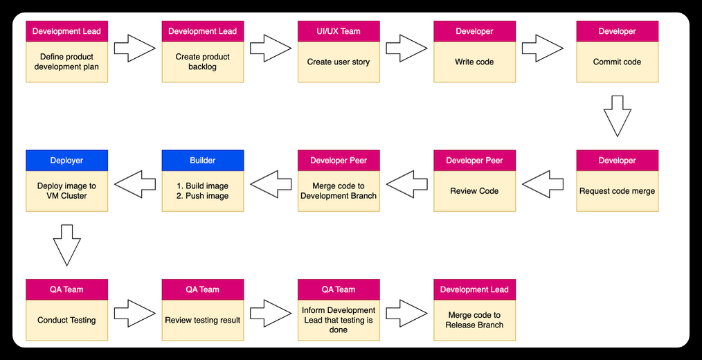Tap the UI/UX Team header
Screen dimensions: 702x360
click(x=339, y=31)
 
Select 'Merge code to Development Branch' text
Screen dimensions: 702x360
click(x=339, y=191)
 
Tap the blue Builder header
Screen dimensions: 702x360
click(x=203, y=161)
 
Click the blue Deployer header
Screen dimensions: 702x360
click(x=66, y=161)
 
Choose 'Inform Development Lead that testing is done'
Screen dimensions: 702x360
click(x=339, y=320)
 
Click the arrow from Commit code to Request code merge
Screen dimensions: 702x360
click(x=618, y=116)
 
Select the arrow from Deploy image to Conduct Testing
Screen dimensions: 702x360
click(x=66, y=245)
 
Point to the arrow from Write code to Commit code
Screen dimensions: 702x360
click(x=543, y=48)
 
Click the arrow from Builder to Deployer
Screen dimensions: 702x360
click(x=135, y=184)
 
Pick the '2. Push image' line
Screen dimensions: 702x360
click(x=203, y=196)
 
